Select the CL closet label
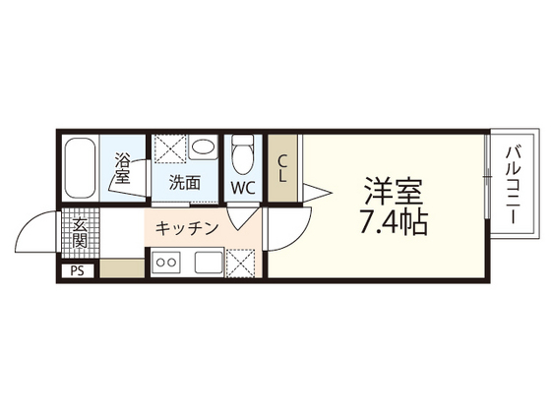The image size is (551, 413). (281, 168)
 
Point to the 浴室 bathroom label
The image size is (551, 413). (123, 169)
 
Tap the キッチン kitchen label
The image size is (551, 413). (186, 228)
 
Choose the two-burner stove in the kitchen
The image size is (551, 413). (166, 263)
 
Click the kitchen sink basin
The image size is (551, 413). (208, 263)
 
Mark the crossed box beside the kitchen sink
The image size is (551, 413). (240, 263)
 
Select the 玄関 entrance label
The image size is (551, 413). (79, 234)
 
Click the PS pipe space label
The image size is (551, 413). (77, 270)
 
